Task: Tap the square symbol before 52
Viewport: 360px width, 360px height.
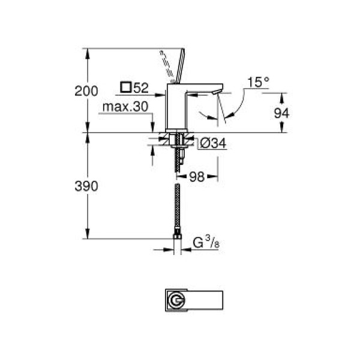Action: pyautogui.click(x=125, y=88)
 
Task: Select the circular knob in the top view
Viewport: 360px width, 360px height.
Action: pyautogui.click(x=175, y=300)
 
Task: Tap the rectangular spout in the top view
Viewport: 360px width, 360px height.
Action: pyautogui.click(x=208, y=300)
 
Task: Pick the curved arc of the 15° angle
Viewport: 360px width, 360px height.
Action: pyautogui.click(x=236, y=105)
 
